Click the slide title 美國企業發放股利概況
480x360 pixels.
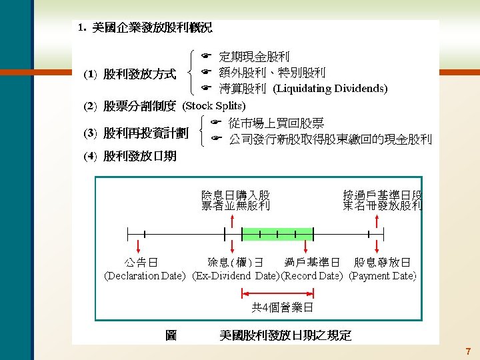[152, 28]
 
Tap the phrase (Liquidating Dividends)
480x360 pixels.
[331, 88]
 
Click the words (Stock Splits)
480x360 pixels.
[214, 106]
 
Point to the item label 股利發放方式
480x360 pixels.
[139, 74]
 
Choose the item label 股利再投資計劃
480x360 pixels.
[145, 133]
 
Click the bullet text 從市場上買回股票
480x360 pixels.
[276, 123]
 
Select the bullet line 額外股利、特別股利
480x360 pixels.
[272, 73]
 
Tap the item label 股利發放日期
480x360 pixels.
[139, 157]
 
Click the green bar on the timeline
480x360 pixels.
[277, 234]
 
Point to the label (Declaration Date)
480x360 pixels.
[145, 275]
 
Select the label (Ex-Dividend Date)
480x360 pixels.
[235, 275]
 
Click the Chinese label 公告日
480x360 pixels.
[141, 263]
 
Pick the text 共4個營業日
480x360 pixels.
[282, 308]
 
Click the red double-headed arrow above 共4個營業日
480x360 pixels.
[277, 292]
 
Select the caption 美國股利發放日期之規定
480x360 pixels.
[285, 335]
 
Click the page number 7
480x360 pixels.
[468, 351]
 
